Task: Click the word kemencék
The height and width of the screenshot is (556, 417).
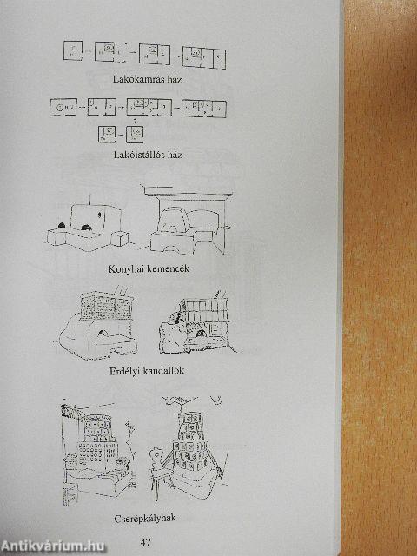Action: (x=168, y=268)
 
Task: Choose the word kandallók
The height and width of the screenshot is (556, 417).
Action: (x=162, y=371)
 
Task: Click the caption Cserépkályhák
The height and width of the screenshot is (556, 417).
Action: (x=145, y=519)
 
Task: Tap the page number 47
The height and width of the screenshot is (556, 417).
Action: (x=145, y=542)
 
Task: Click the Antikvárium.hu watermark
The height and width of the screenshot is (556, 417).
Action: (x=53, y=546)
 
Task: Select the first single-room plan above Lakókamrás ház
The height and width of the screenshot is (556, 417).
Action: (x=73, y=50)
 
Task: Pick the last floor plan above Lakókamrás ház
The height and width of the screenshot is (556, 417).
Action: (x=204, y=57)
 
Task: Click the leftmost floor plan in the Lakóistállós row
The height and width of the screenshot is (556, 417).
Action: (x=63, y=107)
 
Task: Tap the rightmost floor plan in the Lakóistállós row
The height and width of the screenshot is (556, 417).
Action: (x=204, y=109)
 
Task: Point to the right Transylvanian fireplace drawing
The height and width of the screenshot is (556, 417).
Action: (x=198, y=322)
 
